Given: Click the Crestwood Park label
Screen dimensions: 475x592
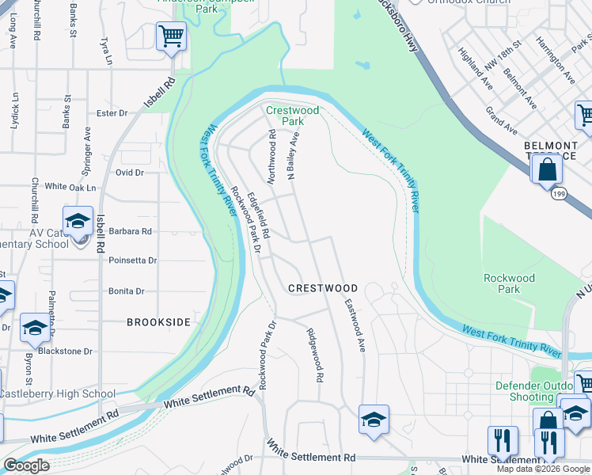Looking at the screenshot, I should [292, 116].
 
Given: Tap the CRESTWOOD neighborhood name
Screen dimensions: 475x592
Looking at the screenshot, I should [323, 288].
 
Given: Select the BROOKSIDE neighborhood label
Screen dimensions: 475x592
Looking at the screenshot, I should [159, 322].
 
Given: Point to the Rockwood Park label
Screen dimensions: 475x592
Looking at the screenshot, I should [510, 283].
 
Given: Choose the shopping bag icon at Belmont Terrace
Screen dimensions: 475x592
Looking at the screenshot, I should [547, 169].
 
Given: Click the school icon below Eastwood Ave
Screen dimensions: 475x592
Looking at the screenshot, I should [374, 419].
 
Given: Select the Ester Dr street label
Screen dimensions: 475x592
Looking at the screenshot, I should [112, 113].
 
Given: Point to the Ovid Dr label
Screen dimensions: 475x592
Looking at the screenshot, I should [129, 172].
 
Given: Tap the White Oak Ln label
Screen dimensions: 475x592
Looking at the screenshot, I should [70, 187].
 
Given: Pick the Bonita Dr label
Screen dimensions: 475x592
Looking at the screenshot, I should [127, 291].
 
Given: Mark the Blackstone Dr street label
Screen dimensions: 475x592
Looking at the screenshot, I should [66, 351].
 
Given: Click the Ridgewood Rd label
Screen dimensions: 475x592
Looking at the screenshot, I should [314, 356].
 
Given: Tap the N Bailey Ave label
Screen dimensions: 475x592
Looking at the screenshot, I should [295, 158].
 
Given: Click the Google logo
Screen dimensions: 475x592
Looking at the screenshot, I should [26, 465].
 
